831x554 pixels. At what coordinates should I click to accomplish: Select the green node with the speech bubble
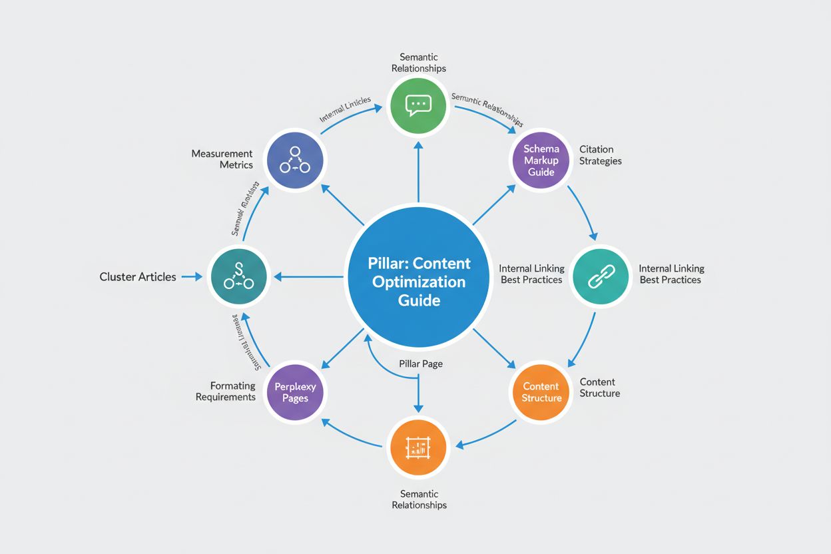click(x=418, y=105)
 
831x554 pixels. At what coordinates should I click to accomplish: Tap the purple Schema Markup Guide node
click(x=541, y=160)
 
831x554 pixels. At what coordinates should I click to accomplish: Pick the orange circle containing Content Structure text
click(x=541, y=392)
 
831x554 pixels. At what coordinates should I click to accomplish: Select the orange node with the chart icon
click(x=418, y=447)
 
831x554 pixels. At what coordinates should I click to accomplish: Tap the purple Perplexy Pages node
click(x=296, y=392)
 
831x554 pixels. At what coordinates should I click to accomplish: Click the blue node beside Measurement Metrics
click(x=296, y=160)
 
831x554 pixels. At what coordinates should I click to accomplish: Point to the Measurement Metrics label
click(x=222, y=159)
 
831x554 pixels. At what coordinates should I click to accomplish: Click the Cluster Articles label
click(x=138, y=277)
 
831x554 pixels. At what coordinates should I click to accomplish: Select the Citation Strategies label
click(x=600, y=155)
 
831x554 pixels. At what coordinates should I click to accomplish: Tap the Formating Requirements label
click(x=224, y=392)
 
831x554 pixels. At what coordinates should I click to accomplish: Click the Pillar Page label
click(x=421, y=364)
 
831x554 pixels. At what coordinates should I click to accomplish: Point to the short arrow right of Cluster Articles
click(x=191, y=277)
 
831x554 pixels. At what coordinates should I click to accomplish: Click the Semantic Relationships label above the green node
click(x=418, y=63)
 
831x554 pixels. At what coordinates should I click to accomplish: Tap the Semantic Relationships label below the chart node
click(x=419, y=499)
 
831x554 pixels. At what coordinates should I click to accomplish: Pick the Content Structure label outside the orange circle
click(x=599, y=388)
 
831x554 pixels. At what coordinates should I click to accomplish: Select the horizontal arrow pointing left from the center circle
click(x=310, y=277)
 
